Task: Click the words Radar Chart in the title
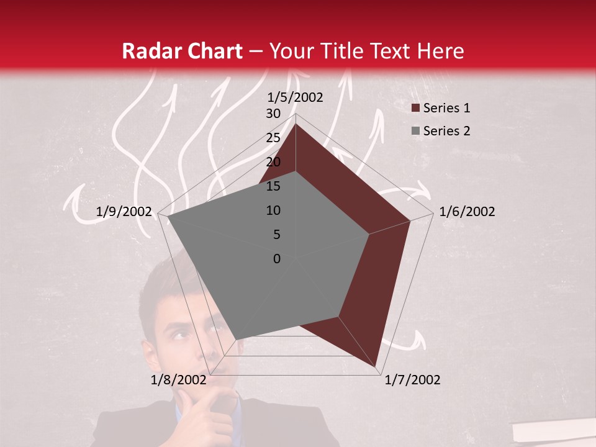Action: coord(182,52)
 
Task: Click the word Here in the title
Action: coord(436,52)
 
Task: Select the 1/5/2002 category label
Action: coord(296,97)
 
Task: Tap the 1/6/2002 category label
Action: coord(467,212)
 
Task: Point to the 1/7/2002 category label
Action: coord(412,380)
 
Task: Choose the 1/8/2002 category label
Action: coord(178,380)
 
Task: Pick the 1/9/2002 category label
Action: coord(124,212)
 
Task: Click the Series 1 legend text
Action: coord(446,108)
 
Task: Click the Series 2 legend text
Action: coord(446,131)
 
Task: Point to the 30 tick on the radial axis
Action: coord(273,114)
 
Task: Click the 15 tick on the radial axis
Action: coord(273,186)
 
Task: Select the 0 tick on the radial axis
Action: coord(277,259)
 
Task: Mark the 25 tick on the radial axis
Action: coord(273,138)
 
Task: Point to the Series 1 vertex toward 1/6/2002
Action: coord(410,220)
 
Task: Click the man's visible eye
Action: coord(179,336)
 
